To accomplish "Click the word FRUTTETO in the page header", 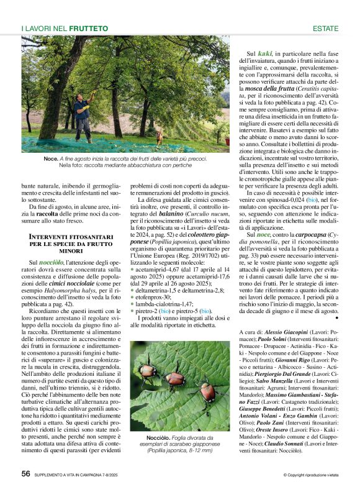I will coord(88,29).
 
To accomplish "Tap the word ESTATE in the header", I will coord(325,29).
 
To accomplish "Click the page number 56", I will coord(26,473).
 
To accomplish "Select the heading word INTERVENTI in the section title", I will coord(54,237).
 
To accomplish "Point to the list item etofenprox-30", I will coord(153,298).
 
